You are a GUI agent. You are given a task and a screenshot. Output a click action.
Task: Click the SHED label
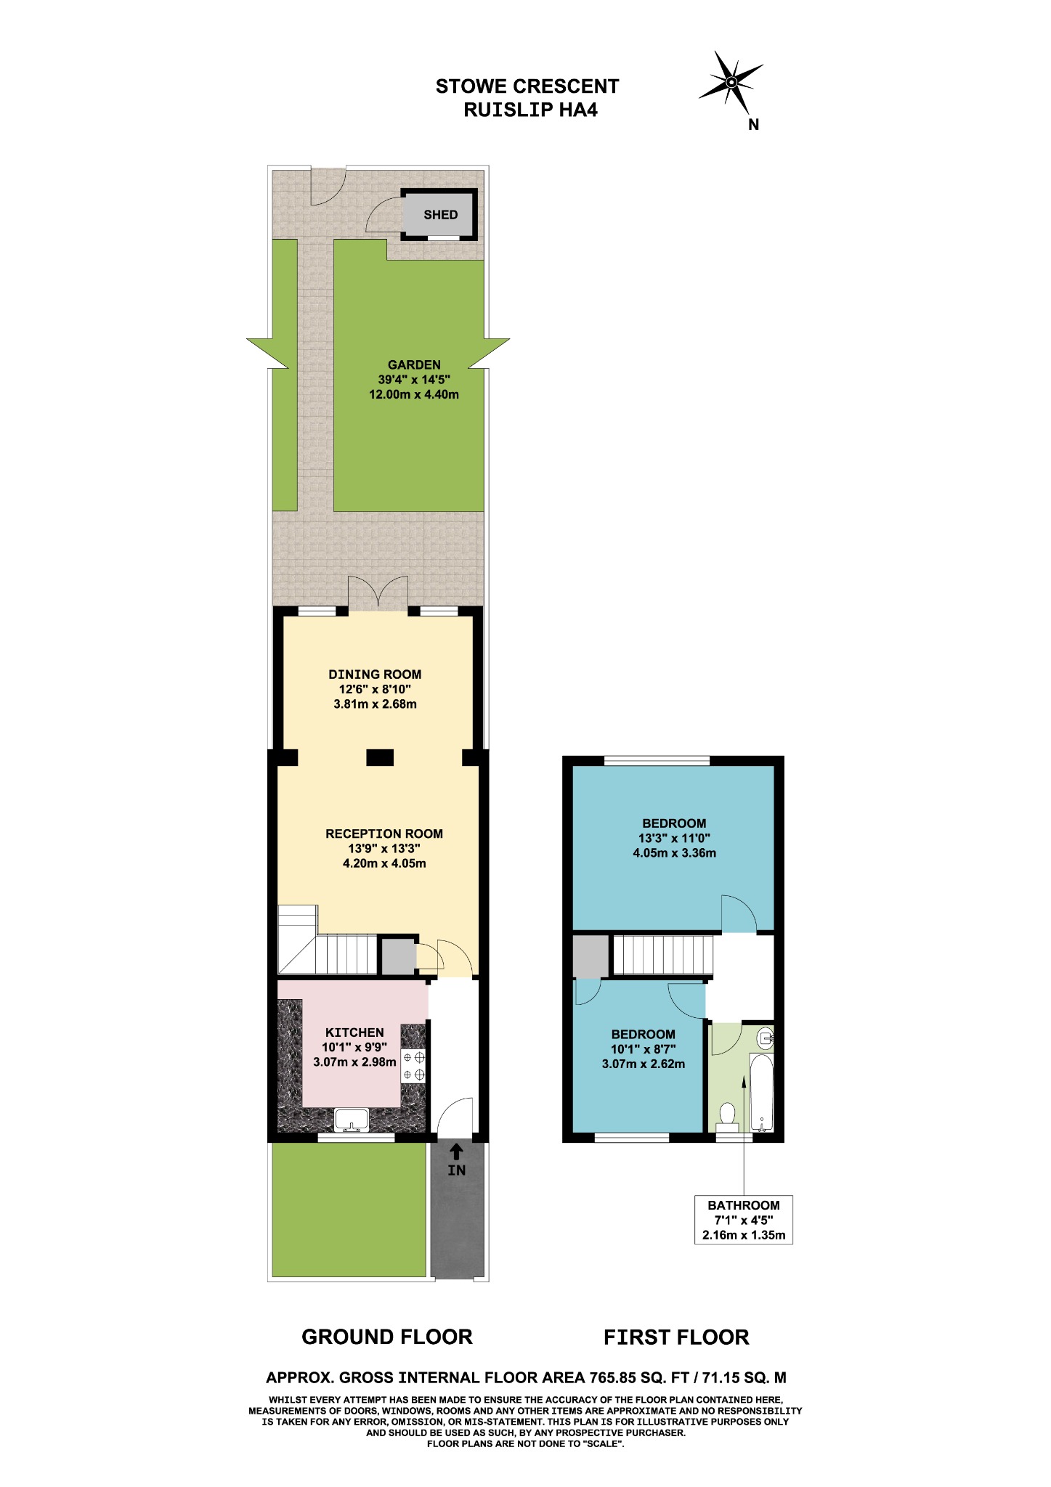pyautogui.click(x=441, y=215)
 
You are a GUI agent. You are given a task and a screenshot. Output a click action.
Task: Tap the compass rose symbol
pyautogui.click(x=731, y=81)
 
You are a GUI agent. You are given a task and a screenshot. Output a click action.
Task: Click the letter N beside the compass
pyautogui.click(x=754, y=125)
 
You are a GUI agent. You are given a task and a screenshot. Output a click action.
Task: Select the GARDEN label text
pyautogui.click(x=414, y=365)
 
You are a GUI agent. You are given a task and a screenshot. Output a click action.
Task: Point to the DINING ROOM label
pyautogui.click(x=375, y=675)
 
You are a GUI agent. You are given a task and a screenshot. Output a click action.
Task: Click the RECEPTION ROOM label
pyautogui.click(x=384, y=834)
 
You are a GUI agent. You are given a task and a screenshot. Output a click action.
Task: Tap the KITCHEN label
pyautogui.click(x=354, y=1032)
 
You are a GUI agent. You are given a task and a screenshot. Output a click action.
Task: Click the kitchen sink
pyautogui.click(x=352, y=1120)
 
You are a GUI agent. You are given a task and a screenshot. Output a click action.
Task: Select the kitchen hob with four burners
pyautogui.click(x=414, y=1066)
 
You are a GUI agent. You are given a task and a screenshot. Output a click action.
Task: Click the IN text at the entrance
pyautogui.click(x=457, y=1170)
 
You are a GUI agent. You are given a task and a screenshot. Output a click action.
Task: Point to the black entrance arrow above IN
pyautogui.click(x=456, y=1151)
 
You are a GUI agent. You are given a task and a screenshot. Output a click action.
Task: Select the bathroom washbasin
pyautogui.click(x=765, y=1038)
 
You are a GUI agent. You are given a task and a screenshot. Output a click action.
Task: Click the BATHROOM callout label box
pyautogui.click(x=744, y=1220)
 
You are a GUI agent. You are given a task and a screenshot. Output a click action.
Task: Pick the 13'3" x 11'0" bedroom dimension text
pyautogui.click(x=675, y=838)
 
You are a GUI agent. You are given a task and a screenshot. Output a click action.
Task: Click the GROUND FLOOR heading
pyautogui.click(x=387, y=1337)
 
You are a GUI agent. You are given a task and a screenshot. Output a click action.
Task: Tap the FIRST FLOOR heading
pyautogui.click(x=676, y=1337)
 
